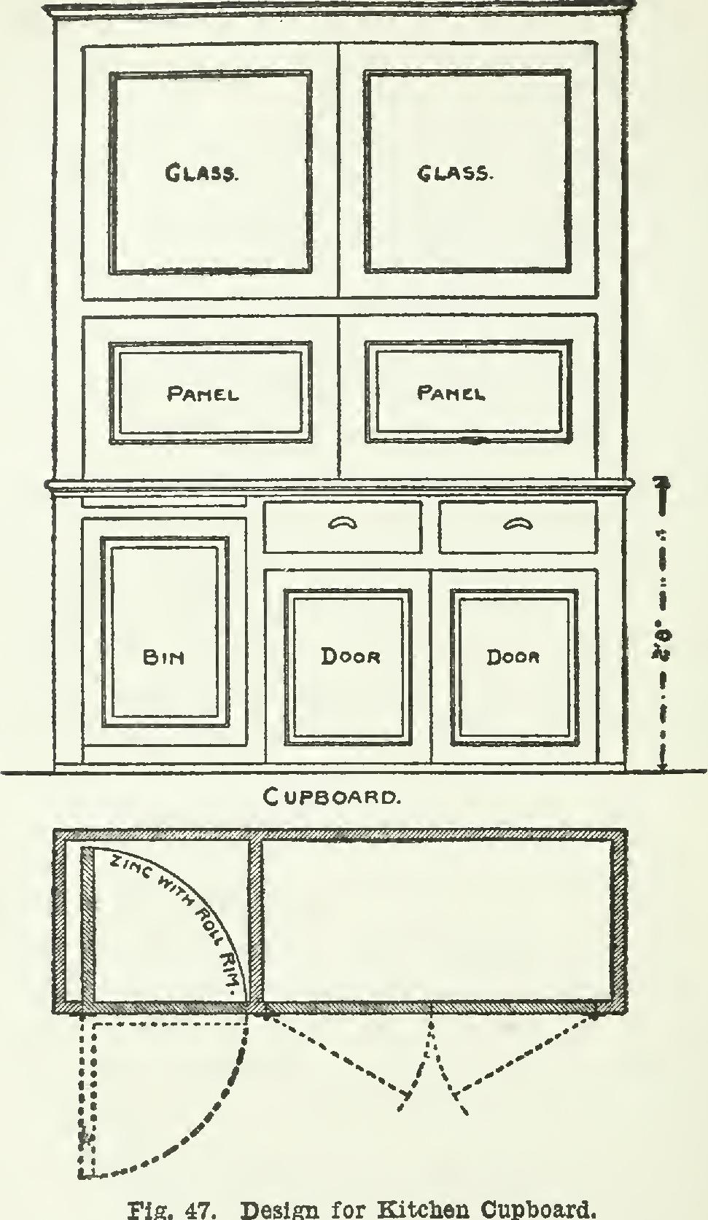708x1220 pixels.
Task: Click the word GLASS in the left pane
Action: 201,173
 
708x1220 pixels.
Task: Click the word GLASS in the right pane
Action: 455,173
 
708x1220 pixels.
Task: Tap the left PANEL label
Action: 203,394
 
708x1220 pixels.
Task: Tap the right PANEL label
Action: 451,394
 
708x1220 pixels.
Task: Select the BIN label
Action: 163,657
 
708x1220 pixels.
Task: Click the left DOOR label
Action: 351,657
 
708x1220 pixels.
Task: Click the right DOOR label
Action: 513,657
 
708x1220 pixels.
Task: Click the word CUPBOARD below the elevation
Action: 332,797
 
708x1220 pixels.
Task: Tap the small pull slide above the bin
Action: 163,502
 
